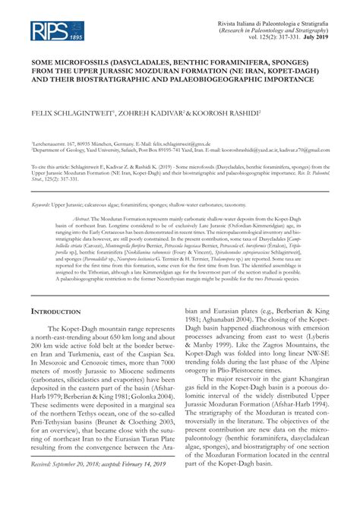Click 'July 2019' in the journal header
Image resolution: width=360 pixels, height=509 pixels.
[314, 36]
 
